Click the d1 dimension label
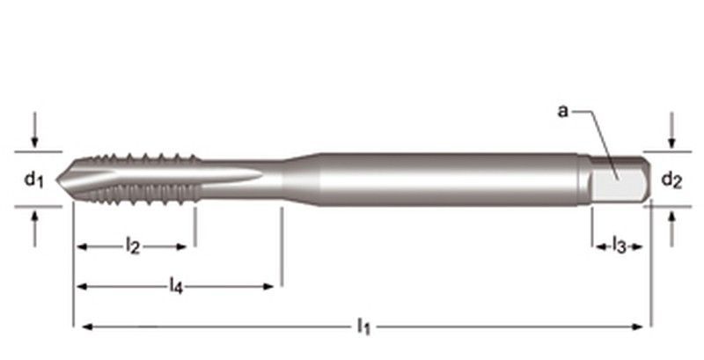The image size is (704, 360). coord(33,180)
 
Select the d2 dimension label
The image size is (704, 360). coord(671,180)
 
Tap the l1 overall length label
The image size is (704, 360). coord(362,327)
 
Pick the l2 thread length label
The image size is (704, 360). coord(133,246)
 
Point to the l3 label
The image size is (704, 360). coord(619,246)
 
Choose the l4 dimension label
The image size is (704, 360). coord(176,285)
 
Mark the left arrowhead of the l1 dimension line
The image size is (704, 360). coord(86,327)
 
